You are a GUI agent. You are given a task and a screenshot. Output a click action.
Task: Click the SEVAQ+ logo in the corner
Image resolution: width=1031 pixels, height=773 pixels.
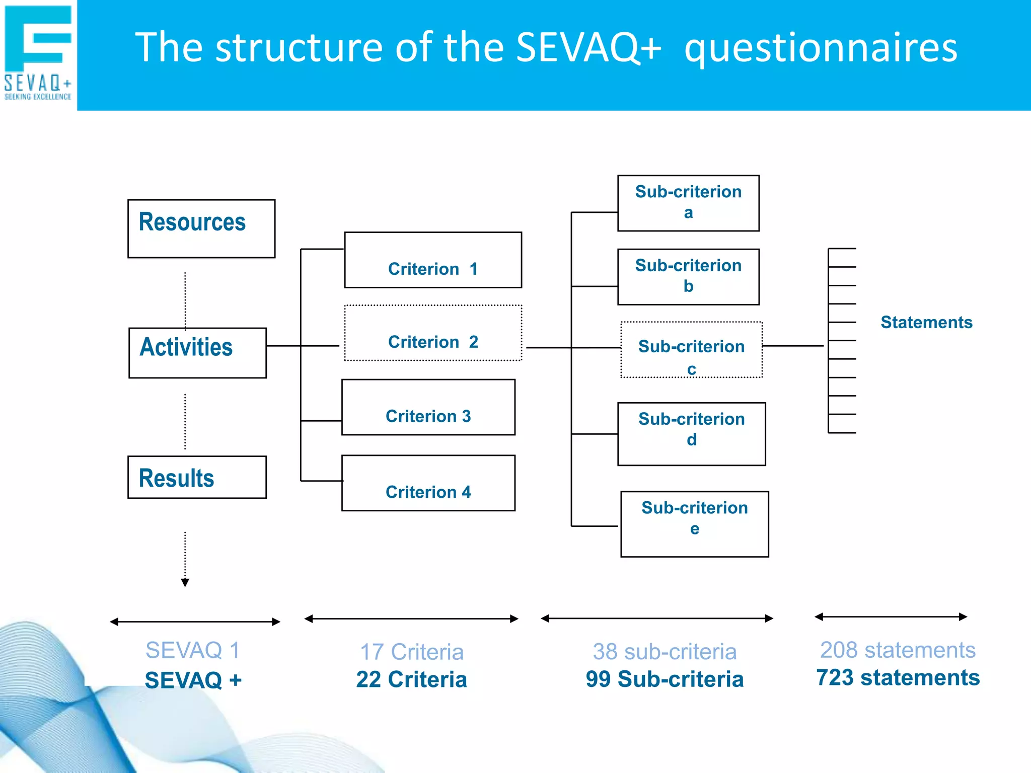click(x=38, y=53)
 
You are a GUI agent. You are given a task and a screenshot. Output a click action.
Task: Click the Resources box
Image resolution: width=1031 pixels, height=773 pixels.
click(x=201, y=228)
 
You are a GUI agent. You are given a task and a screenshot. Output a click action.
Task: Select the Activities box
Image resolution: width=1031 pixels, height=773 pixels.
click(x=197, y=352)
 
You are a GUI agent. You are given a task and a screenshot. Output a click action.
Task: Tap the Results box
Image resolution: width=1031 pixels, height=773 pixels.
click(x=197, y=477)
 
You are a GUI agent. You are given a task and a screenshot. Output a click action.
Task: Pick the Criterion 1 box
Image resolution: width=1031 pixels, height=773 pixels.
click(x=433, y=260)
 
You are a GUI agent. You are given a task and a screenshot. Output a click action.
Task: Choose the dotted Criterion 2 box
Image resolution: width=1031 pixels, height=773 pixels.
click(x=433, y=333)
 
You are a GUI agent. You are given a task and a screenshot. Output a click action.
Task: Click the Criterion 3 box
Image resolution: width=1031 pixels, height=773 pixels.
click(x=428, y=407)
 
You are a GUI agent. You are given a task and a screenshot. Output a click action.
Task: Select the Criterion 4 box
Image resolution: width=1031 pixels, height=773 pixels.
click(x=428, y=483)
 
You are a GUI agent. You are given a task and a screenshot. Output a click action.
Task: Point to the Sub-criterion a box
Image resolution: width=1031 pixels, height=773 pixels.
click(x=688, y=203)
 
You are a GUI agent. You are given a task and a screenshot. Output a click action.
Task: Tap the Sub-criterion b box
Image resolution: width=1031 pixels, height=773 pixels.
click(x=688, y=277)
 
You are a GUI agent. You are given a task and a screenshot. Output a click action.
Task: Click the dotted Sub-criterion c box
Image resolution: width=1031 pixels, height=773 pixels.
click(x=691, y=350)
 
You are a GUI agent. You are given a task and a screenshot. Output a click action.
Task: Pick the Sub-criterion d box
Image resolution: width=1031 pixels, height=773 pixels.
click(x=691, y=433)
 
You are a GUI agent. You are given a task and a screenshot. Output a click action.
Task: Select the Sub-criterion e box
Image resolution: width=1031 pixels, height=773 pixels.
click(x=694, y=524)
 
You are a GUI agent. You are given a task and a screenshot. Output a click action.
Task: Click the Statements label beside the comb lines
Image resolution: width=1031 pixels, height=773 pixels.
click(x=926, y=322)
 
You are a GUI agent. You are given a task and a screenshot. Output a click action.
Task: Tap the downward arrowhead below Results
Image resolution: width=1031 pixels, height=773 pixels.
click(x=185, y=583)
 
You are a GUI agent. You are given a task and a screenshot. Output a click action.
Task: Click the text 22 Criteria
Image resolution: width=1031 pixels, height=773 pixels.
click(x=411, y=679)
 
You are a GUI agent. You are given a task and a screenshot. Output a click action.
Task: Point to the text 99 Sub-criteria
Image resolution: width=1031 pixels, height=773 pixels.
click(x=665, y=679)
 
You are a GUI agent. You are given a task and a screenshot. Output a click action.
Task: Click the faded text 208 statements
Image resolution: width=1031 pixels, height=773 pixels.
click(x=898, y=650)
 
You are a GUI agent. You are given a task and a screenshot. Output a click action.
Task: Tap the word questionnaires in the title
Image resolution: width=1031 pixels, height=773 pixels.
click(x=821, y=48)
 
